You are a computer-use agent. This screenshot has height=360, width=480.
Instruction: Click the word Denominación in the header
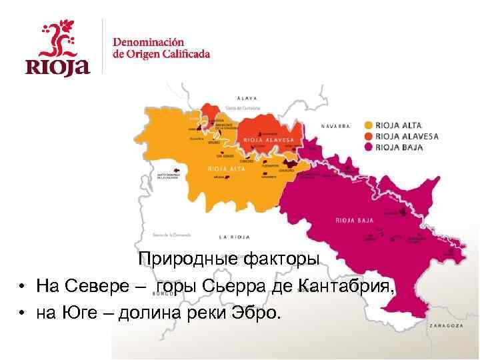(x=148, y=41)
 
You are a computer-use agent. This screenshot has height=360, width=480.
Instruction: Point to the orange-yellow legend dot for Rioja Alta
(x=369, y=125)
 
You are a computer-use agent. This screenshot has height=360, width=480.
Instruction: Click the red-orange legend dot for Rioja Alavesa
(x=369, y=136)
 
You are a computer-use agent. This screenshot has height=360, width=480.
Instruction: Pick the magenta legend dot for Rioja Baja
(x=369, y=147)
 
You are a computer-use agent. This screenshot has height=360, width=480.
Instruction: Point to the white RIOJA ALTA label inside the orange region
(x=227, y=169)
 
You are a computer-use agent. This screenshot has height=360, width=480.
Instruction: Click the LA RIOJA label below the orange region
(x=234, y=237)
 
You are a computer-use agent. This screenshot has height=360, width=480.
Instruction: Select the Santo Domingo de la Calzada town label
(x=168, y=177)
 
